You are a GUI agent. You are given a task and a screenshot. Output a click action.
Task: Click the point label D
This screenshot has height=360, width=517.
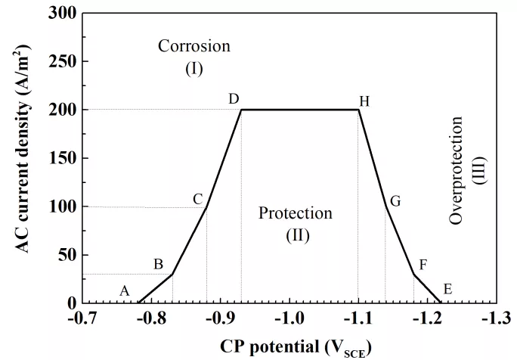click(x=234, y=99)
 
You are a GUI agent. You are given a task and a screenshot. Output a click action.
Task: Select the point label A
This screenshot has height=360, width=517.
click(x=125, y=290)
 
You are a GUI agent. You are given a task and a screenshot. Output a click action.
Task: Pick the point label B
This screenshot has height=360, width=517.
click(x=159, y=264)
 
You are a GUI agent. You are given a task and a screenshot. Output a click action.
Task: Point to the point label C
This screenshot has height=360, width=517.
click(x=198, y=199)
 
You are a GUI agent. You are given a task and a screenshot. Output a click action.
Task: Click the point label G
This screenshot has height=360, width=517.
click(x=395, y=201)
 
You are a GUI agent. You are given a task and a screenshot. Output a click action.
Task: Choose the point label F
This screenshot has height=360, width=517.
click(x=423, y=265)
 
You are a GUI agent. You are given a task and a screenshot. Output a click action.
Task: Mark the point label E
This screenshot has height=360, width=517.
click(x=447, y=289)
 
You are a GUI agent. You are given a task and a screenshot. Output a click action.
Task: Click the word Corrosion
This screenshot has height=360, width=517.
click(x=193, y=46)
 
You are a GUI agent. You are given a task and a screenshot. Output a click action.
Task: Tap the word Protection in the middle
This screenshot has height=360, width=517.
click(x=295, y=213)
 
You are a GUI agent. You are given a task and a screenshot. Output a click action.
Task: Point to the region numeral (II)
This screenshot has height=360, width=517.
click(x=297, y=235)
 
